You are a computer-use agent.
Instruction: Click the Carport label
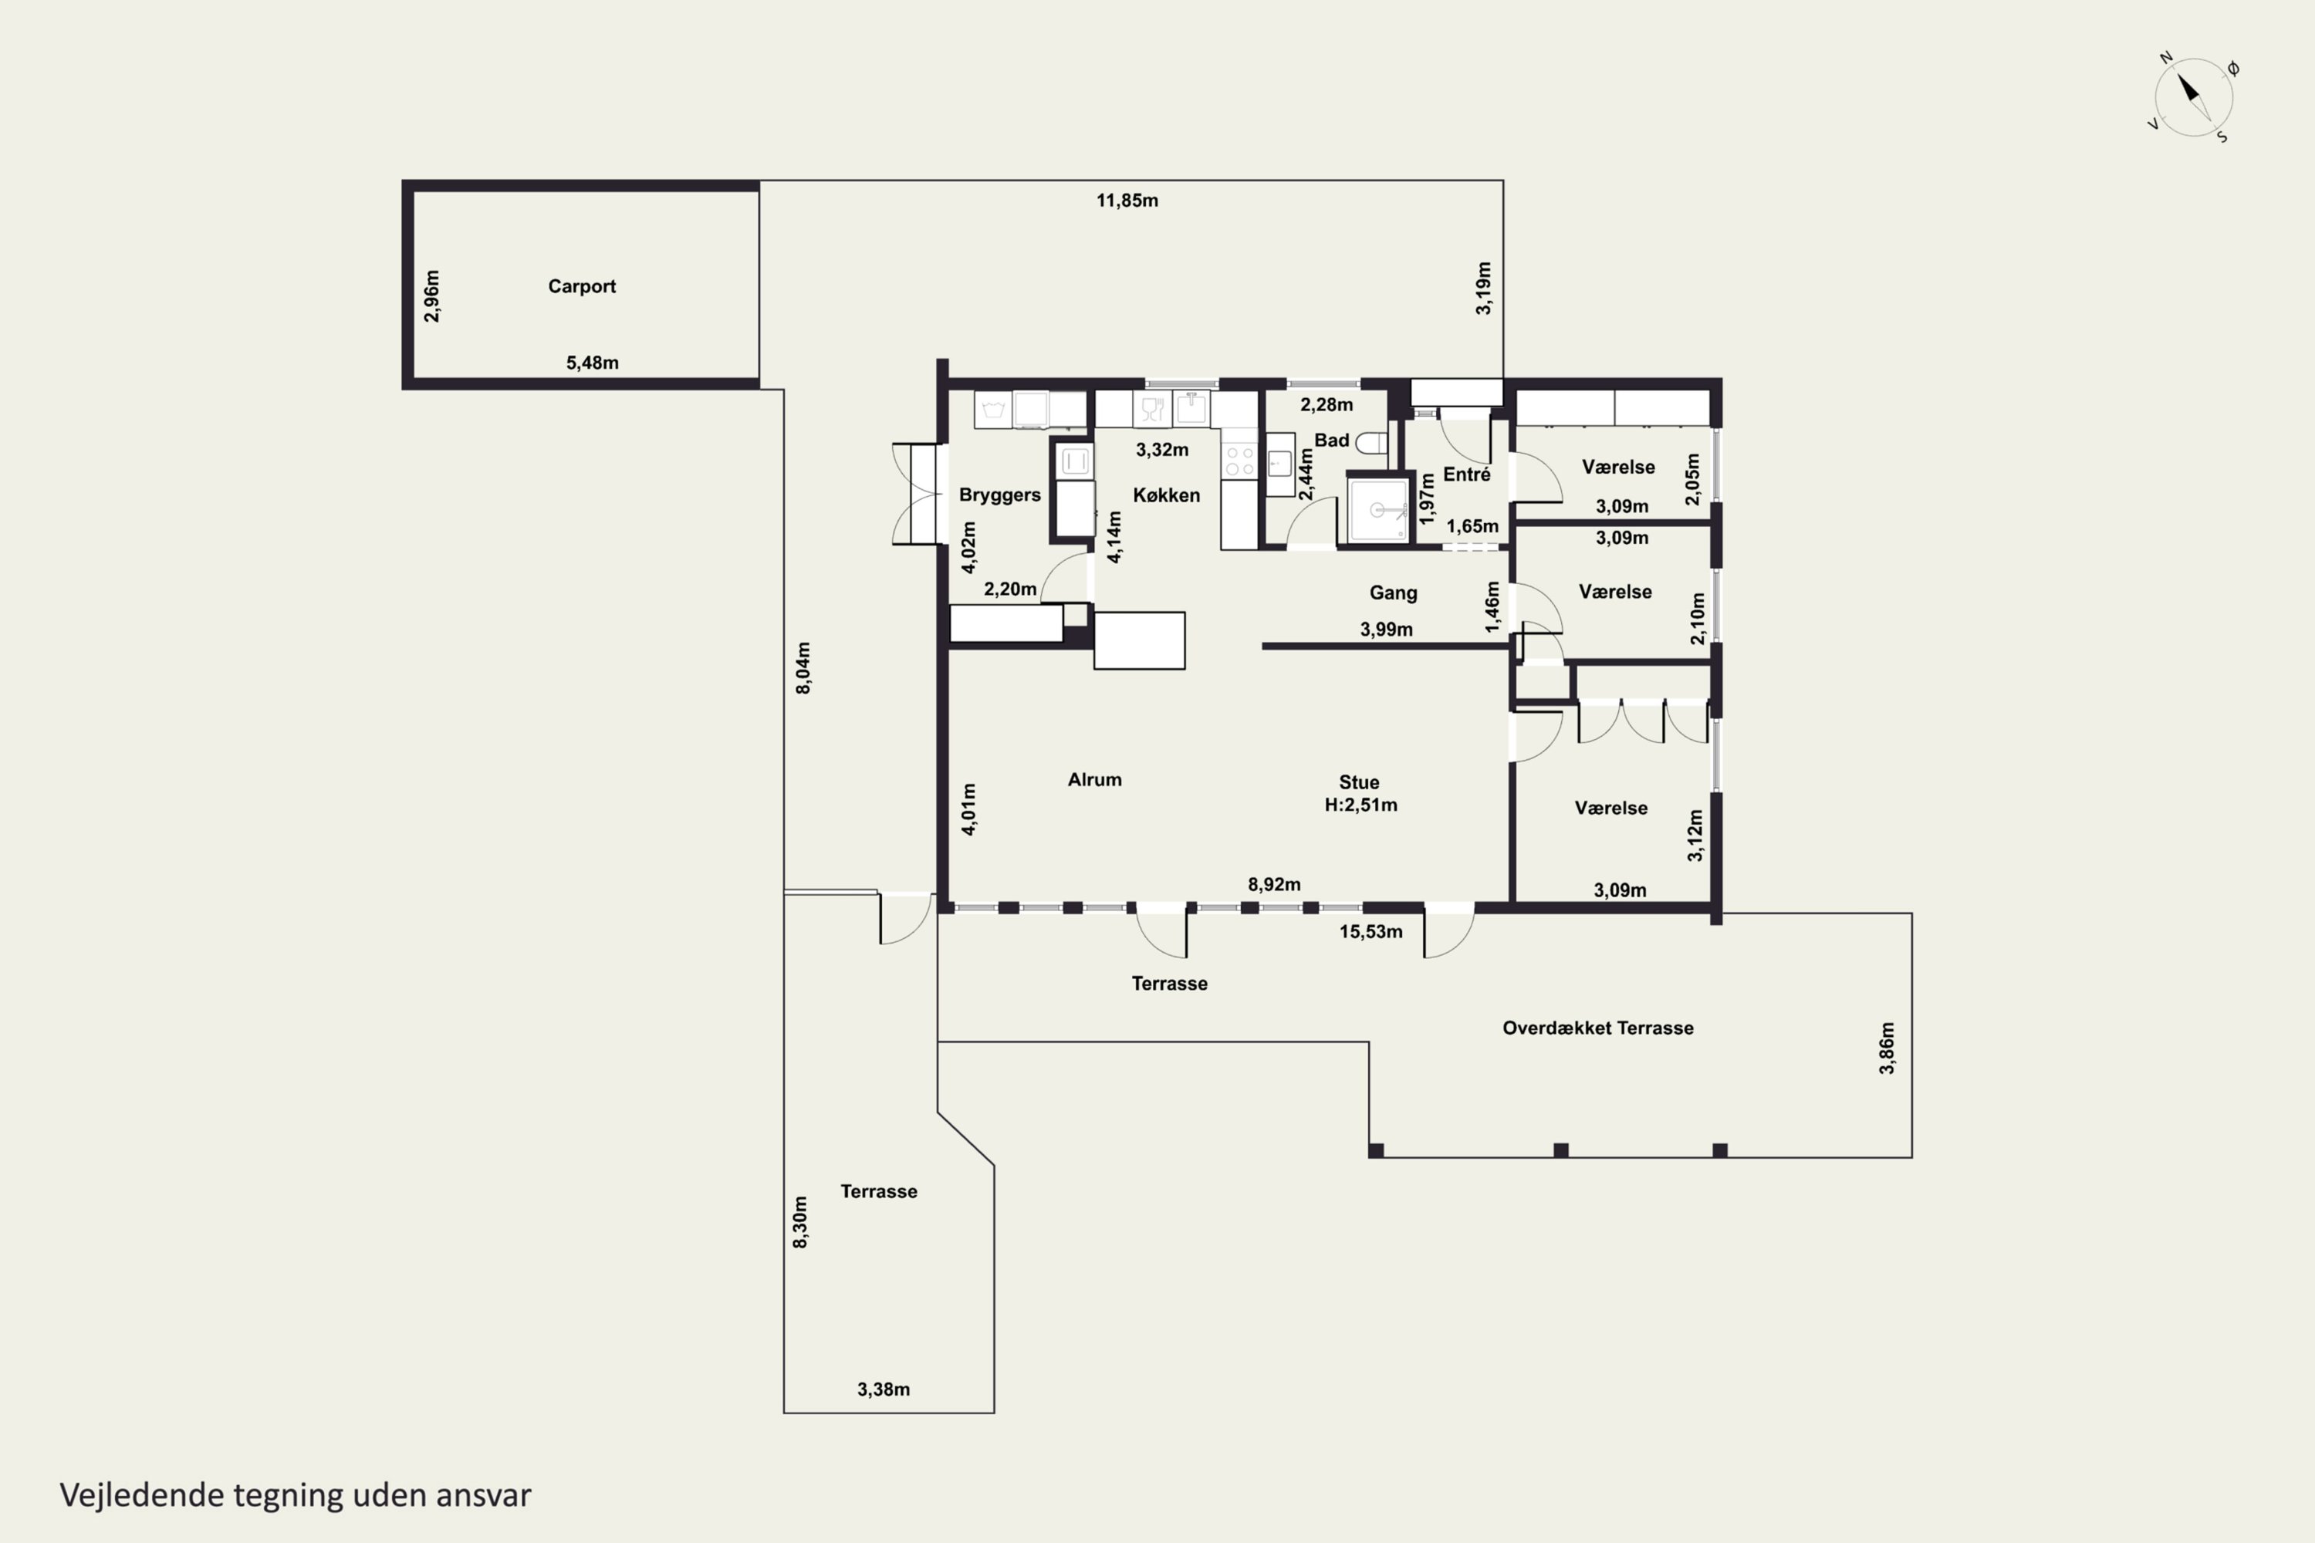pos(582,286)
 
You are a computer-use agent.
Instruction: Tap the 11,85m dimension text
pos(1127,201)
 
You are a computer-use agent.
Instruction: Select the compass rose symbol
pos(2193,97)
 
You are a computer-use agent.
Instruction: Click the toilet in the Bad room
pos(1371,443)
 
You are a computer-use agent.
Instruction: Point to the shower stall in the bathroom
pos(1378,508)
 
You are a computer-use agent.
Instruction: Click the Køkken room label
pos(1166,495)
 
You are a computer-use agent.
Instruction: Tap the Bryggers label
pos(1000,495)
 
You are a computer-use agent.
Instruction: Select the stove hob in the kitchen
pos(1239,461)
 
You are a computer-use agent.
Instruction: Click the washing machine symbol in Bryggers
pos(993,410)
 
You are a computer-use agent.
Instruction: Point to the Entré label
pos(1467,474)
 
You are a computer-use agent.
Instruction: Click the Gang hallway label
pos(1393,593)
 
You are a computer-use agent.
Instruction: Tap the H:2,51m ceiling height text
pos(1360,805)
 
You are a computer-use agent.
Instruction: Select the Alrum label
pos(1094,779)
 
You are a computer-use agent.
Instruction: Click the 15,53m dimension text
pos(1370,932)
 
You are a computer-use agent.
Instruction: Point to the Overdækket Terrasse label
pos(1597,1028)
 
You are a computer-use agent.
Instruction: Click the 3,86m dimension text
pos(1886,1048)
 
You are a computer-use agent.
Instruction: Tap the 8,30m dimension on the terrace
pos(800,1222)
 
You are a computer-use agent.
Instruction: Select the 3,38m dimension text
pos(883,1389)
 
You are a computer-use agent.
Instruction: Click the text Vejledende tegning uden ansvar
pos(296,1495)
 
